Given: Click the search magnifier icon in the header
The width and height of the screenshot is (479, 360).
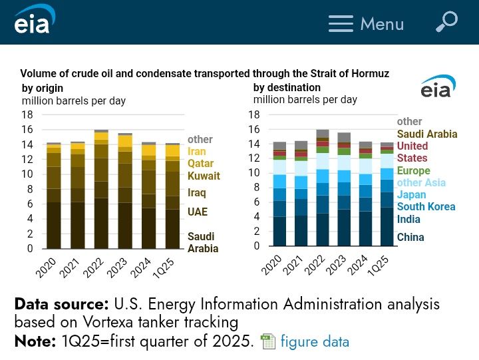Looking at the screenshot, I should [x=446, y=21].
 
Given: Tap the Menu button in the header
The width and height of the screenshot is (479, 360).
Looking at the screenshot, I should [x=366, y=24].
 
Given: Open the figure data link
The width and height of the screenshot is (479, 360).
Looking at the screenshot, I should [x=314, y=342].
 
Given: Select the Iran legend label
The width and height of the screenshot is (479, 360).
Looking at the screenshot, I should [x=197, y=152].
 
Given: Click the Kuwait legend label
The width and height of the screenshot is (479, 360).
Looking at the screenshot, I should [x=204, y=176].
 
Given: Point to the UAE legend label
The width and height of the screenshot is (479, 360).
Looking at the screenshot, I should [x=198, y=212].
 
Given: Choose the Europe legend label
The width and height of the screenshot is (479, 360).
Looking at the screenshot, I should [x=414, y=171].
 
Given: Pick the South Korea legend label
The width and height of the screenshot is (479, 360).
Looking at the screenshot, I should [x=426, y=206].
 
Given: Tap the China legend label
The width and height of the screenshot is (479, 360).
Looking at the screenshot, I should [x=410, y=237].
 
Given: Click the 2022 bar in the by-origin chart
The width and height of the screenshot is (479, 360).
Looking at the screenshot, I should [x=101, y=190].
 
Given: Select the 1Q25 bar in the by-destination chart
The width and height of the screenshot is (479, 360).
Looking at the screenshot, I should [x=387, y=196].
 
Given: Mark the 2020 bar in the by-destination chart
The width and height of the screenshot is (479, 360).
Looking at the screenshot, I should [x=279, y=196].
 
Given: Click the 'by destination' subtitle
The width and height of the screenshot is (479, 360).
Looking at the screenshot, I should [x=287, y=88].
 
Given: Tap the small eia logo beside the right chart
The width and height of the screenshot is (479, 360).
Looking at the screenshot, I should [x=438, y=87].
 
